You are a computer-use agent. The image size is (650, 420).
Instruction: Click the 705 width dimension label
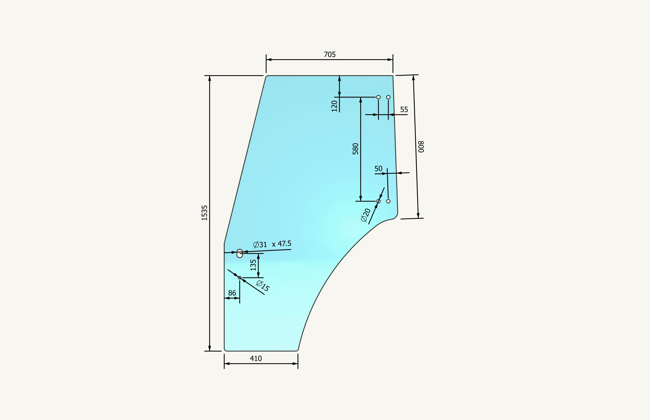click(330, 54)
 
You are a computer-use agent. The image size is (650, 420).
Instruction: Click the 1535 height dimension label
click(204, 213)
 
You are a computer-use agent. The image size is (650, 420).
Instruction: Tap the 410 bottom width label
click(256, 358)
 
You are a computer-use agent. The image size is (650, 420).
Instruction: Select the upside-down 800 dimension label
click(421, 147)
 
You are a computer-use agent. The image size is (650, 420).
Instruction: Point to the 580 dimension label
click(356, 149)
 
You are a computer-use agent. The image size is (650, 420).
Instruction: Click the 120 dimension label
click(334, 106)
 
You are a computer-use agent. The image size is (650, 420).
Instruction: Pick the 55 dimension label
click(404, 110)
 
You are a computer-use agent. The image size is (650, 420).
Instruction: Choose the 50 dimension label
click(378, 169)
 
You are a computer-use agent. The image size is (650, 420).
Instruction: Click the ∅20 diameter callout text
click(366, 215)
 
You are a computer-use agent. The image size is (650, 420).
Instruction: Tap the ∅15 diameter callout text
click(263, 286)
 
